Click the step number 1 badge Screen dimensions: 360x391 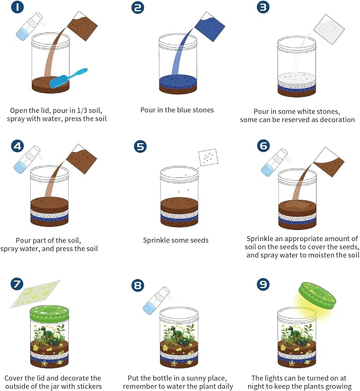tap(17, 7)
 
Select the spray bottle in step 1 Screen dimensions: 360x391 tap(29, 26)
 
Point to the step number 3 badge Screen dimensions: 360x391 tap(263, 7)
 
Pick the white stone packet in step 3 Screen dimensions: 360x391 tap(328, 29)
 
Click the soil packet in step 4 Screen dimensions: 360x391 tap(81, 159)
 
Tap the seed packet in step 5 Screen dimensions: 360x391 tap(208, 157)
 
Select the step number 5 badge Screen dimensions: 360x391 tap(141, 146)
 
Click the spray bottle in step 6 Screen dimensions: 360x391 tap(274, 162)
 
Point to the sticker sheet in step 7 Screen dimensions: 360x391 tap(36, 294)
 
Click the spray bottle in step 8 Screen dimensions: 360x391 tap(156, 300)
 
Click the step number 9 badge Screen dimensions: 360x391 tap(263, 285)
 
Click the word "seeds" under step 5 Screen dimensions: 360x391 tap(199, 240)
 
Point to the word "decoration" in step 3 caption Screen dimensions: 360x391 tap(337, 120)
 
